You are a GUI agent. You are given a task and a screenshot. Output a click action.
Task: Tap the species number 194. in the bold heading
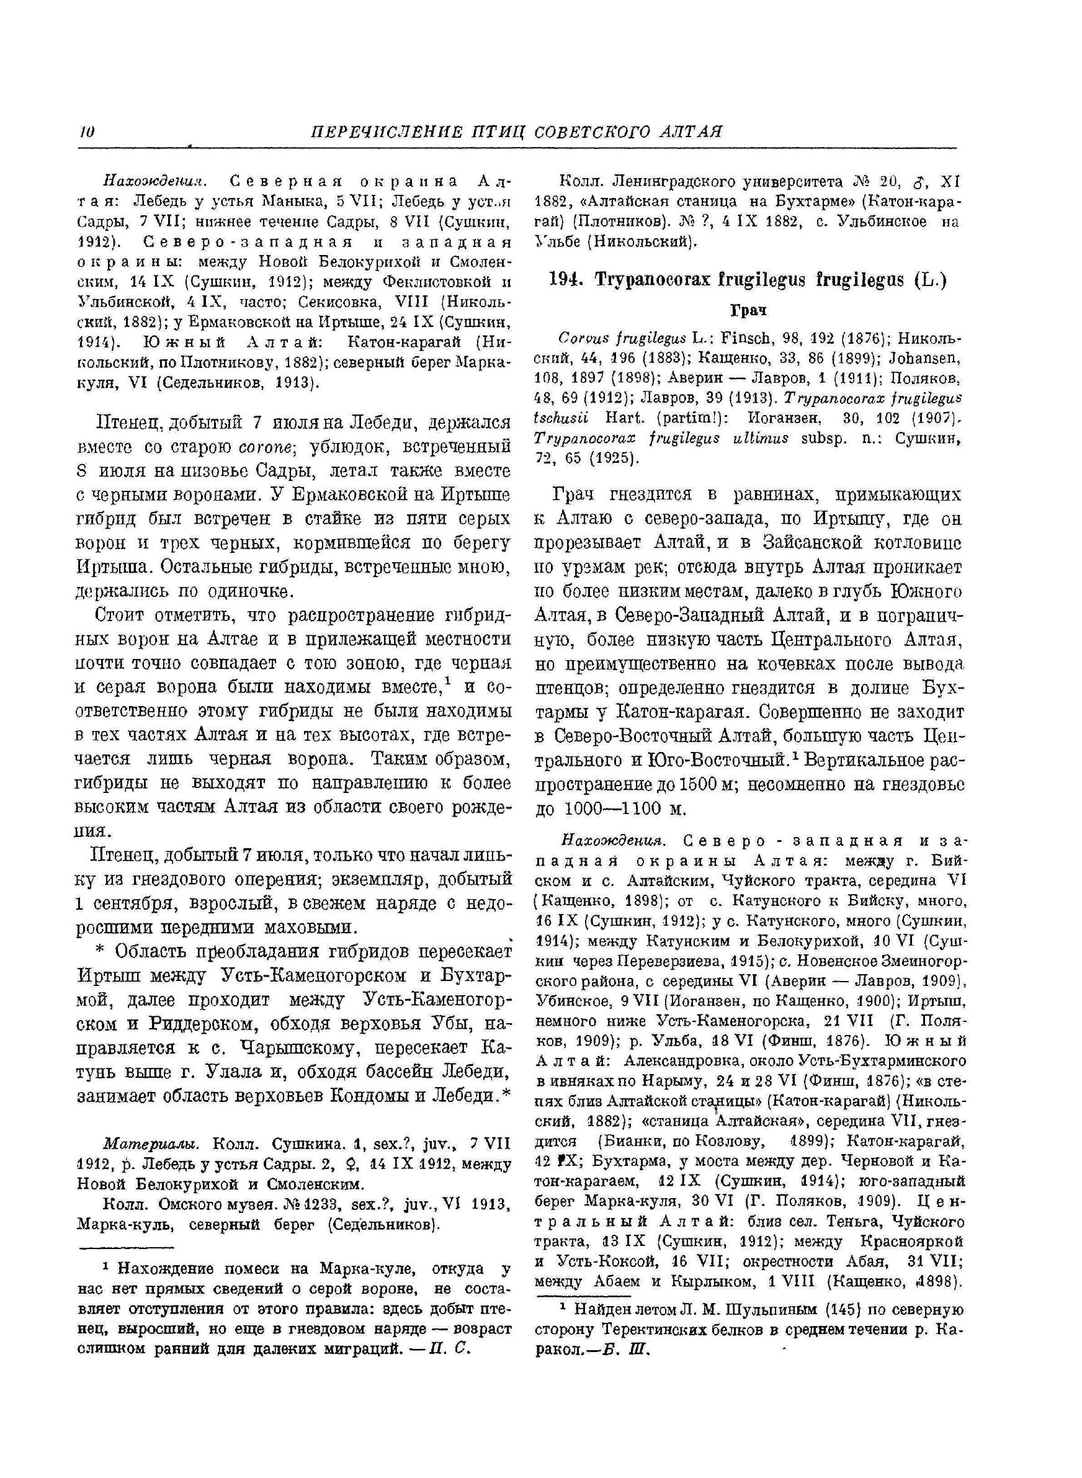(566, 280)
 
